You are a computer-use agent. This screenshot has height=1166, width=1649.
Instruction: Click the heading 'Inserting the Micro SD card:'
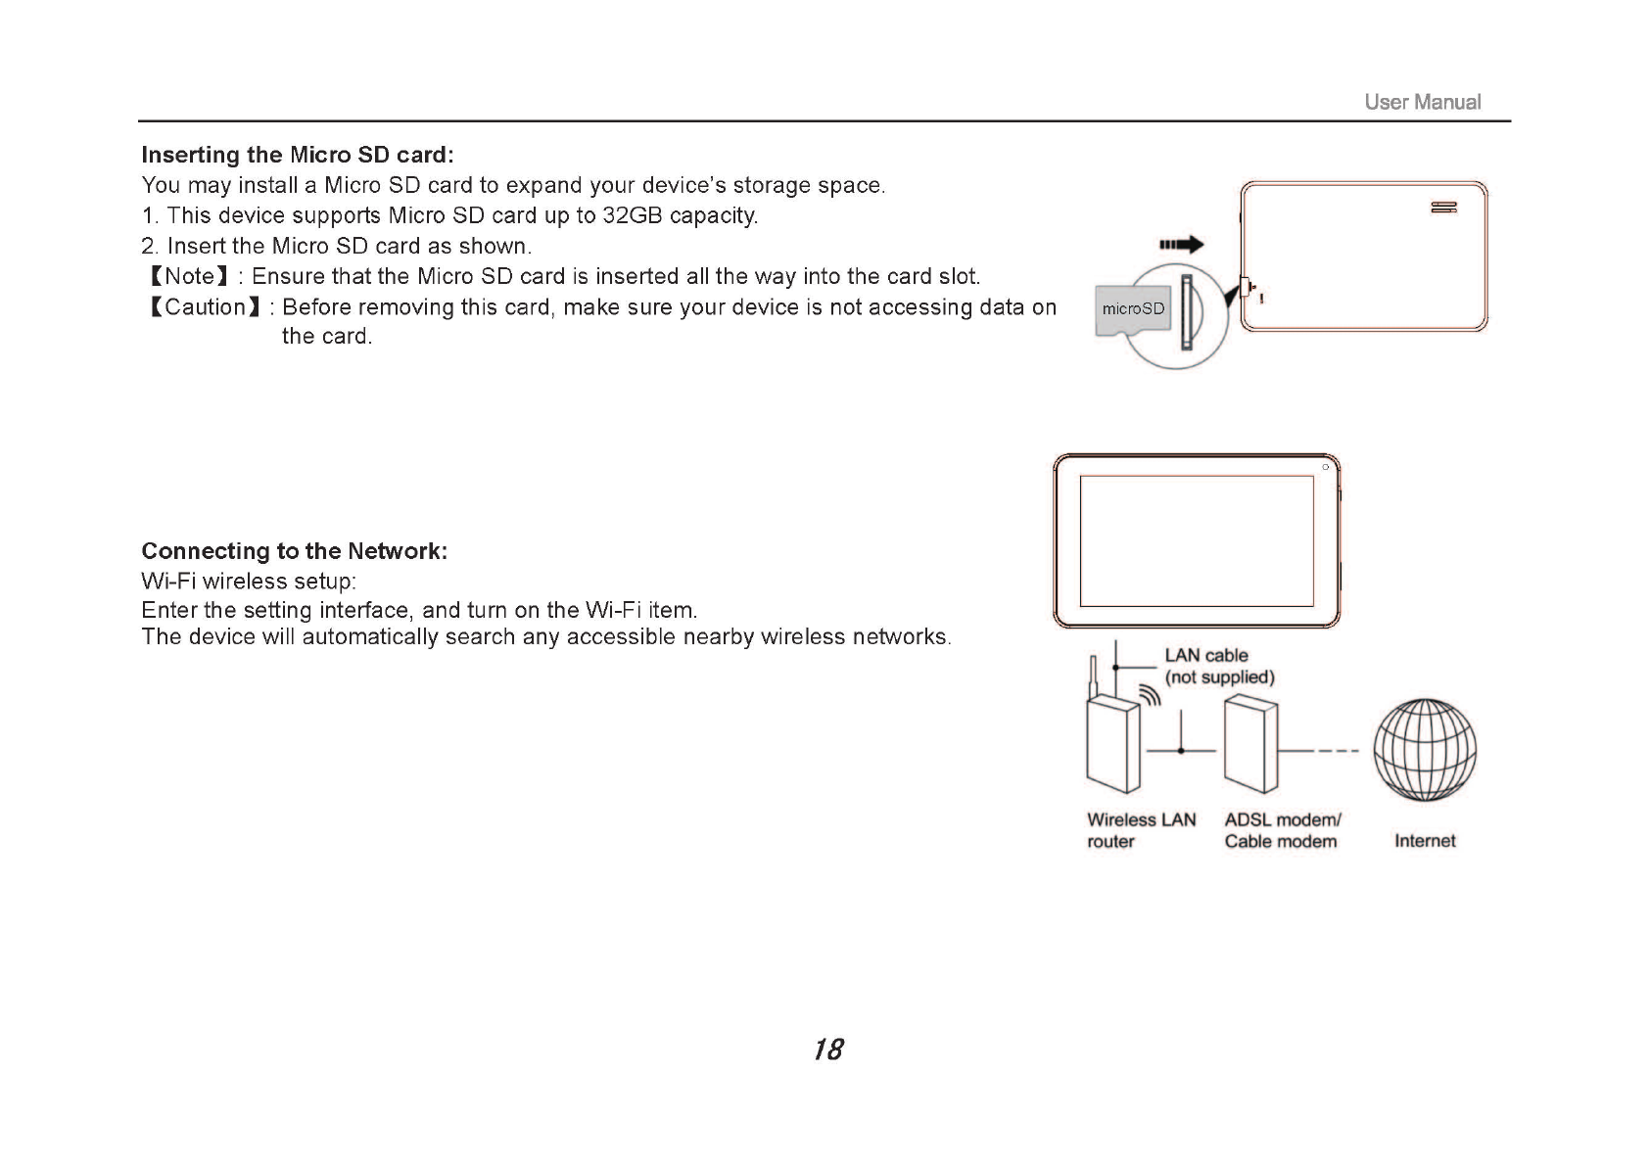(298, 155)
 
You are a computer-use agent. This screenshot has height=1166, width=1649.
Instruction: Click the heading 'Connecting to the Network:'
(295, 551)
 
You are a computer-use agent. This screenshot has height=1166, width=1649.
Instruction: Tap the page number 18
(827, 1049)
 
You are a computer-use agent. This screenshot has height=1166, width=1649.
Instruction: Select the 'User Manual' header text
(1422, 102)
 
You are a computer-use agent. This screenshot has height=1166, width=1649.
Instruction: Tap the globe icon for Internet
(1425, 749)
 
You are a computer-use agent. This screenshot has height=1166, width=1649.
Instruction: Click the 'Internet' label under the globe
(1425, 841)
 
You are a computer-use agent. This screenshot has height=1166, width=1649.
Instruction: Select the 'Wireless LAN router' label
(1141, 830)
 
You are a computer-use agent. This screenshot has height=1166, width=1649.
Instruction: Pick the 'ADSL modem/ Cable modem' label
(1282, 830)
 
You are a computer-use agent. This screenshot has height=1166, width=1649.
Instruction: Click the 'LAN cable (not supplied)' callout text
(1218, 666)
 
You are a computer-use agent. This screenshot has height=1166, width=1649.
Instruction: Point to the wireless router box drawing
(1113, 744)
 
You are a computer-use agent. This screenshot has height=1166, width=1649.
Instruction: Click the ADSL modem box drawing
(1251, 744)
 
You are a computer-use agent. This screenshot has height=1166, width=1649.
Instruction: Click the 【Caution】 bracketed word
(204, 307)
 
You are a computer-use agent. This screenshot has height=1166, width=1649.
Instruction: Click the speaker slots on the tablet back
(1443, 208)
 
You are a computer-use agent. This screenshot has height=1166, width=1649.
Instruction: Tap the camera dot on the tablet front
(1325, 467)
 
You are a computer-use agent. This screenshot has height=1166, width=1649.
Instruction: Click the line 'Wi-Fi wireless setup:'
(249, 582)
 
